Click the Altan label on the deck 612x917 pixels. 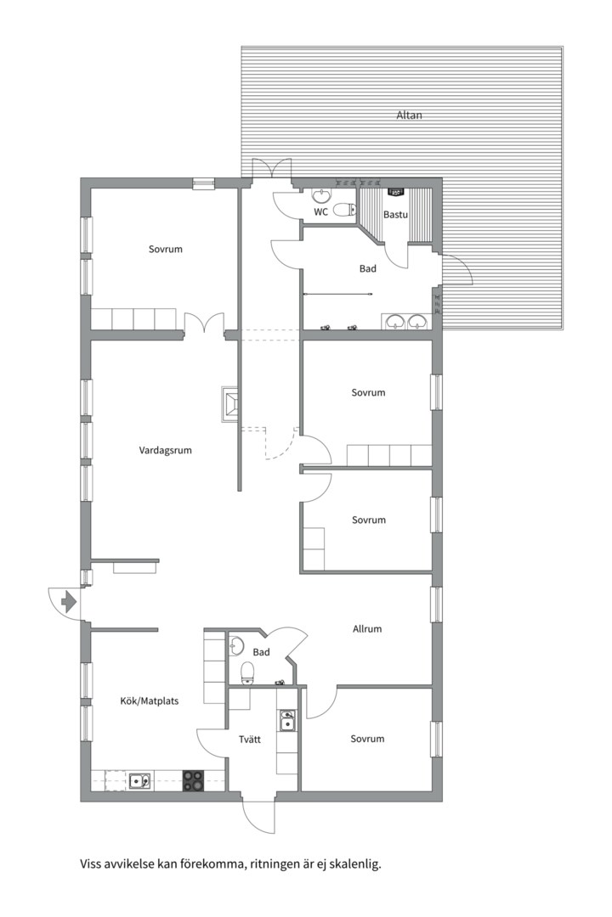coord(409,115)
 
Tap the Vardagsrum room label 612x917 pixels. coord(165,450)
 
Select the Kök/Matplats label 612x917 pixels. coord(150,700)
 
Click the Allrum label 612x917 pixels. coord(367,629)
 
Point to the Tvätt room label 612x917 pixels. coord(250,740)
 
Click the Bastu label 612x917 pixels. coord(395,215)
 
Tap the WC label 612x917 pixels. coord(321,211)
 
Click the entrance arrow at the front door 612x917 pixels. coord(69,601)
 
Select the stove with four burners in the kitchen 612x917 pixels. coord(194,780)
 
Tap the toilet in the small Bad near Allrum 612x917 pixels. coord(247,672)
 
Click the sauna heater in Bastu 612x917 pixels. coord(395,192)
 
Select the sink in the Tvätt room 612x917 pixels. coord(287,721)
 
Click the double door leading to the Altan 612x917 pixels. coord(271,168)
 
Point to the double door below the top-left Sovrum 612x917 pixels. coord(204,323)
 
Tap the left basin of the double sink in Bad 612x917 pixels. coord(395,321)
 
